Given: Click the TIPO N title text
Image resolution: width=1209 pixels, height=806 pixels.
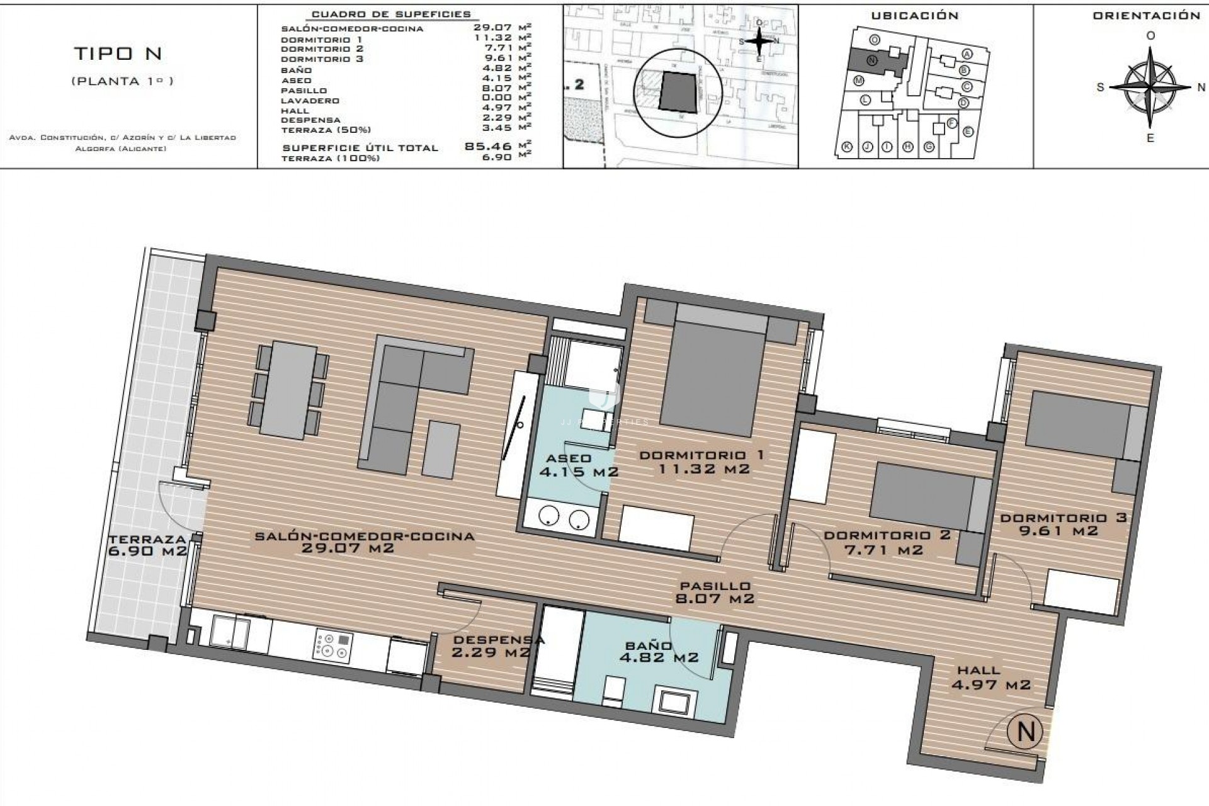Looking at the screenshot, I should [x=118, y=54].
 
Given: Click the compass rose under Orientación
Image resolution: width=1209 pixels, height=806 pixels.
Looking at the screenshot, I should [x=1150, y=88].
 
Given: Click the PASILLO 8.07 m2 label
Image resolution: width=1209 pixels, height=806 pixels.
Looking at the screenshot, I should [x=714, y=593].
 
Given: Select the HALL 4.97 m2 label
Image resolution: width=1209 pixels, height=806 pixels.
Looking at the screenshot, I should [x=990, y=678].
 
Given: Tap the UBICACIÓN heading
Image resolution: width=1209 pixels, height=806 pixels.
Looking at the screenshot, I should [x=914, y=16].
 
